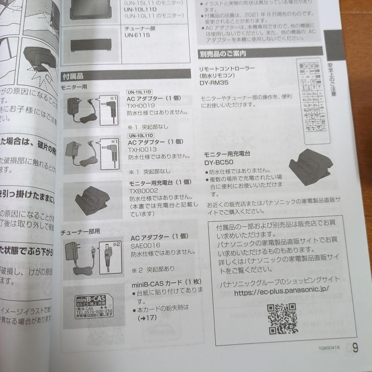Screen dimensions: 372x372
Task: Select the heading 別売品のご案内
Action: (x=222, y=54)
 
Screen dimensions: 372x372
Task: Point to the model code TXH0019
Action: (x=141, y=106)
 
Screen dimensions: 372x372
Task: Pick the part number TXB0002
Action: (x=144, y=190)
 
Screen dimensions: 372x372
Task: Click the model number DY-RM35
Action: (x=214, y=83)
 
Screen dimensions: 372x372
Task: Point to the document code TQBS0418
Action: (x=329, y=348)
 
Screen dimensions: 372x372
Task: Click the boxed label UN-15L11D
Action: (x=140, y=92)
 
